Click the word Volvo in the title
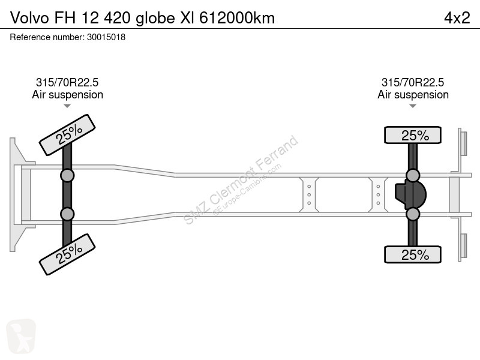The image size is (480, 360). [29, 18]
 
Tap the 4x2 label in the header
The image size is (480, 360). [457, 18]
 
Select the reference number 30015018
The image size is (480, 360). [106, 37]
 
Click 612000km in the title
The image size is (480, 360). [237, 18]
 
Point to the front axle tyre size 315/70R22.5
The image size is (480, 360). [67, 82]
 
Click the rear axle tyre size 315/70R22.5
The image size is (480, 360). [413, 82]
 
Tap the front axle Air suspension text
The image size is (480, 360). [67, 95]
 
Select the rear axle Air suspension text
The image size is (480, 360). [413, 95]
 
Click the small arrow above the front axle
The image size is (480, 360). [67, 106]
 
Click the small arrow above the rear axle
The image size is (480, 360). [413, 106]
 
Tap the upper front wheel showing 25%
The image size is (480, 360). [67, 134]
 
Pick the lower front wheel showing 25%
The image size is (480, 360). [67, 254]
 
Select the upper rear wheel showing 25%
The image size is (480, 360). [413, 134]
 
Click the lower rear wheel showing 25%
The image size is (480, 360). [413, 254]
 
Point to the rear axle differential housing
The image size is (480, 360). [410, 194]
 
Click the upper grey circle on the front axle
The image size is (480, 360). [67, 176]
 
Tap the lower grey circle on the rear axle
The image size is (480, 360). [413, 214]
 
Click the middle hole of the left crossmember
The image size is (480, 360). [309, 194]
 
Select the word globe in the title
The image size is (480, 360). [155, 18]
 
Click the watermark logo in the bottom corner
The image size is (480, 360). [21, 336]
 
